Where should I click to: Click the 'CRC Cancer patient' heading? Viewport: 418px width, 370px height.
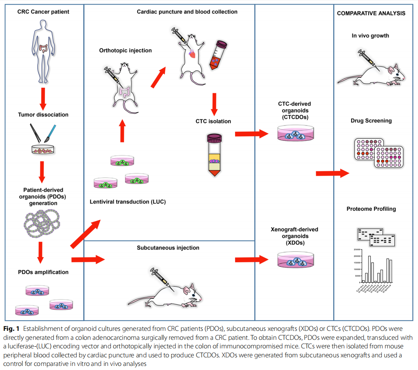point(43,12)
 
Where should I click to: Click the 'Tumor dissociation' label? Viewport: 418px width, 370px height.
point(43,115)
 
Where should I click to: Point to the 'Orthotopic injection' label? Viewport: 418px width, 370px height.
point(125,51)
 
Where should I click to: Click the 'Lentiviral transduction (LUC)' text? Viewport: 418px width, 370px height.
point(128,202)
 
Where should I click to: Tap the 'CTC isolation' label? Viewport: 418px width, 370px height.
point(213,121)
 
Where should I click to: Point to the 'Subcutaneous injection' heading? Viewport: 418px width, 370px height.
point(168,248)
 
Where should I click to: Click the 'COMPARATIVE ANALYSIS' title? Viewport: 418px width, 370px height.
point(371,13)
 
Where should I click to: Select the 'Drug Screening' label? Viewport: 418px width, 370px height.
point(371,121)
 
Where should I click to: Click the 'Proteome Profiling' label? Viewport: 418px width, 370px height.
point(371,209)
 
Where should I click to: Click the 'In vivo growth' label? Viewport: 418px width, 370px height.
point(370,35)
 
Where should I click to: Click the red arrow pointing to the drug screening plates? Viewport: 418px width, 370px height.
point(332,174)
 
